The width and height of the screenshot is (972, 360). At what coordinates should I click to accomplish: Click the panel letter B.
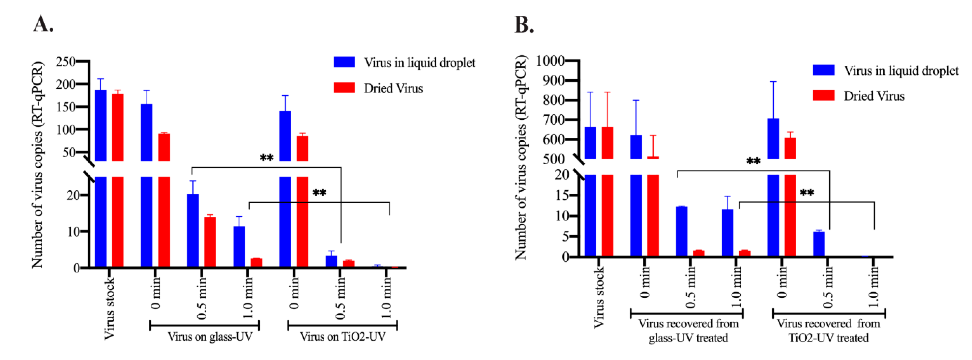click(524, 25)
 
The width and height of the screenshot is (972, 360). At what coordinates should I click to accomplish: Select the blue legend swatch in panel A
click(344, 62)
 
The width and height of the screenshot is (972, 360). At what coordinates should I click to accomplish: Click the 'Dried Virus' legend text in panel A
click(393, 88)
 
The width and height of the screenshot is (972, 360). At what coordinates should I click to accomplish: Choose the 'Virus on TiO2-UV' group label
click(343, 336)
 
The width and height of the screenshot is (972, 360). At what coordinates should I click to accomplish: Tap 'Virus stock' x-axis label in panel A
click(109, 309)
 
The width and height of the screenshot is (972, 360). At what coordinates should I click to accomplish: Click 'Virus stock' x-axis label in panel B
click(598, 297)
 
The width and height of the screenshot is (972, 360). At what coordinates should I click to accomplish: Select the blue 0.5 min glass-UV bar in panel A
click(193, 230)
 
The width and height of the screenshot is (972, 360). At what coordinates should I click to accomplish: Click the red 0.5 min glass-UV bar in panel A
click(210, 242)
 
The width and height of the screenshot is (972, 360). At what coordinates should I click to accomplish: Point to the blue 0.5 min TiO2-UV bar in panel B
click(819, 244)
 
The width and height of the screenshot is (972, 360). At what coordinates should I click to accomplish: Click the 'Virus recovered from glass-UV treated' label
click(688, 331)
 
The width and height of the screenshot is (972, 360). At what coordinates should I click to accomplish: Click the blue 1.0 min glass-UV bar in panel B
click(727, 233)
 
